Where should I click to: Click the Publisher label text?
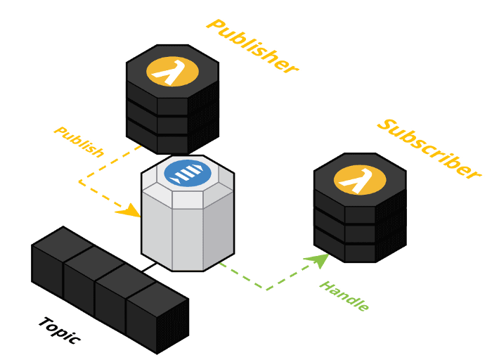point(252,46)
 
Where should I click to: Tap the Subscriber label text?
point(429,148)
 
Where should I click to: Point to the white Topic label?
point(59,330)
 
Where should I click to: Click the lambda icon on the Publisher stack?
point(172,72)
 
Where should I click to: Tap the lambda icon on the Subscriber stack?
point(360,180)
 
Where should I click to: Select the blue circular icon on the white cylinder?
point(188,173)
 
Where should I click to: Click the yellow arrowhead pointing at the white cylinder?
point(129,210)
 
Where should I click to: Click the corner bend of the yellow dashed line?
point(79,182)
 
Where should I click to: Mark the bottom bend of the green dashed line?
point(265,288)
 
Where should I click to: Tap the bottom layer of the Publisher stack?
point(172,141)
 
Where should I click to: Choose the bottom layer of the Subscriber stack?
point(359,249)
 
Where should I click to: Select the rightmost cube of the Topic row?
point(154,317)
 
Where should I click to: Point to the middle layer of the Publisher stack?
point(172,124)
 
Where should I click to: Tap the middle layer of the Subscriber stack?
point(359,232)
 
